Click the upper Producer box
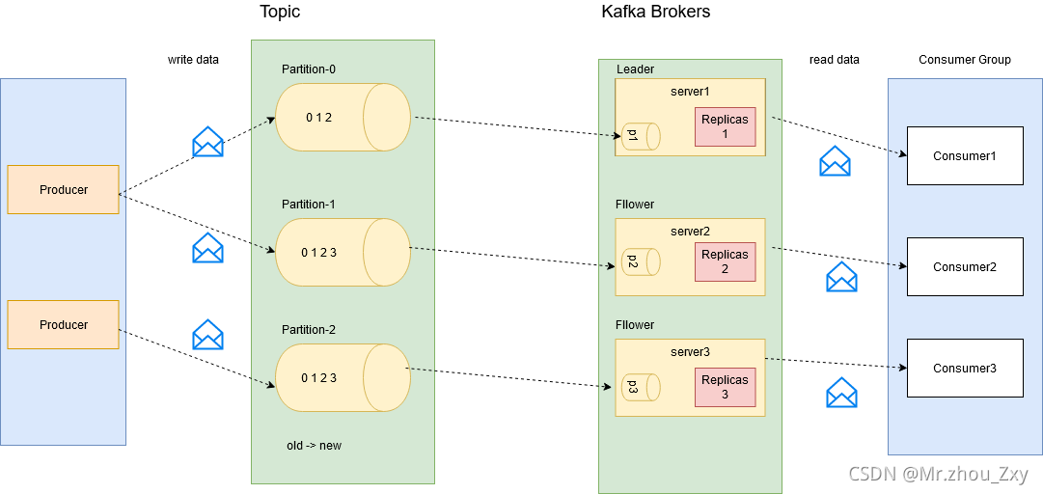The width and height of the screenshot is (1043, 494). coord(63,190)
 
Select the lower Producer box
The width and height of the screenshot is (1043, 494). coord(63,325)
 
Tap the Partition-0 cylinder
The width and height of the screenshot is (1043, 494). coord(343,117)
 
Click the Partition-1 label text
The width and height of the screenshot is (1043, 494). coord(309,205)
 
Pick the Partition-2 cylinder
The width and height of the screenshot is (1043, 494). coord(343,377)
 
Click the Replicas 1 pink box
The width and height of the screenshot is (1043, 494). coord(725,126)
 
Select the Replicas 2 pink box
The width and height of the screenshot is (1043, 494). coord(725,261)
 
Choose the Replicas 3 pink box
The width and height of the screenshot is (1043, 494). coord(725,387)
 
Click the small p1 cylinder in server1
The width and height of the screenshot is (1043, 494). coord(640,136)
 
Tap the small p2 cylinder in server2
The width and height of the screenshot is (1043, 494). coord(640,261)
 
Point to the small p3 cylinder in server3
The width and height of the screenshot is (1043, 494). coord(640,387)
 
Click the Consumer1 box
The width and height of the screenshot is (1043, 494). coord(964,155)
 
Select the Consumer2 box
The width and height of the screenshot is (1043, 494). coord(964,266)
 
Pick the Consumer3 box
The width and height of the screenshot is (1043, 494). coord(964,368)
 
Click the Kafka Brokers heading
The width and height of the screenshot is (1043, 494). coord(655,12)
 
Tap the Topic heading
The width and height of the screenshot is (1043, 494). coord(280,12)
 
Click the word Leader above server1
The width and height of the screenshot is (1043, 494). coord(635,69)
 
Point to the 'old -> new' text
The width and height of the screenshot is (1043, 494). coord(314,446)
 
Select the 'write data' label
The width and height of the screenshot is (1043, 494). coord(193,60)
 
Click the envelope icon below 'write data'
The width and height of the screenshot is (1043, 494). coord(207,142)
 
